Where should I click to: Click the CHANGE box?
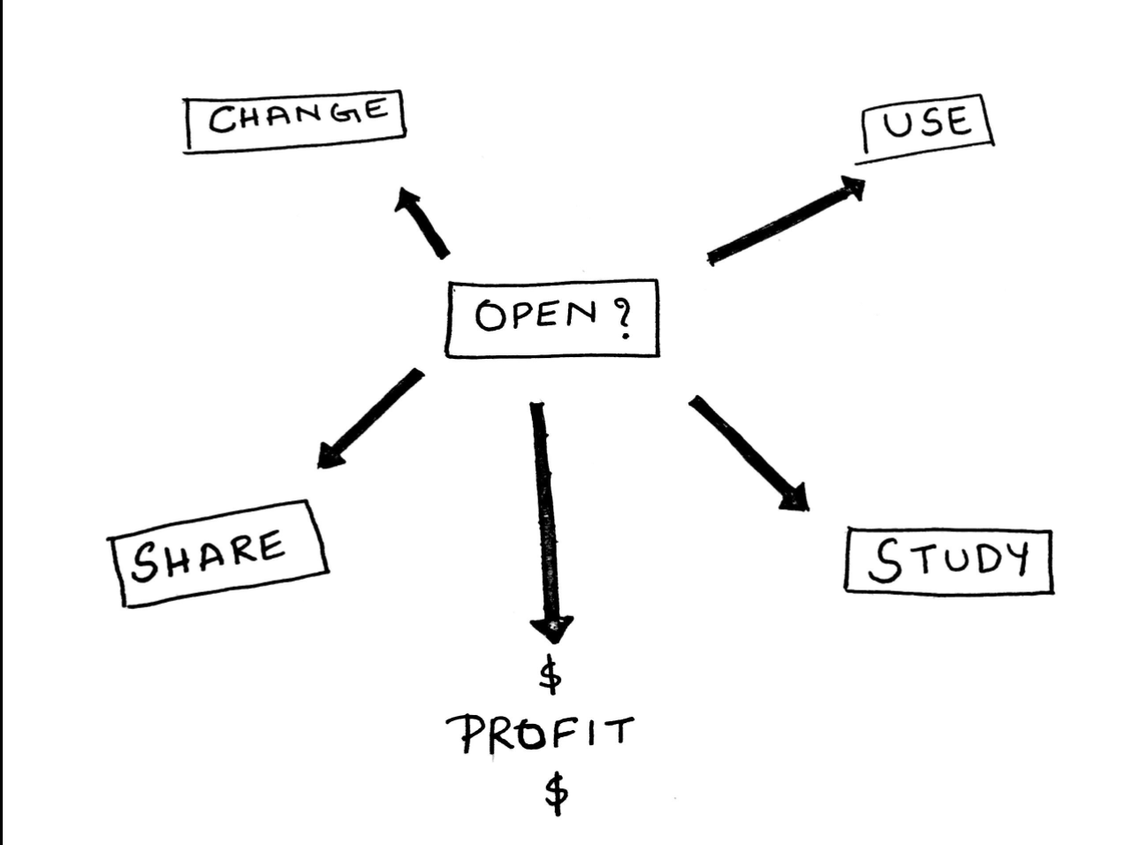pos(295,119)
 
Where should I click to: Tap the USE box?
pos(926,125)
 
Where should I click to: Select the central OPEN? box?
pos(552,318)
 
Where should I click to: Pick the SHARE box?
pos(217,553)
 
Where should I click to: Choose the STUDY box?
pos(948,561)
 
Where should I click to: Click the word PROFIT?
pos(539,734)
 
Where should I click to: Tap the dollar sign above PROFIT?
pos(550,677)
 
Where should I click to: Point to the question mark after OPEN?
pos(623,319)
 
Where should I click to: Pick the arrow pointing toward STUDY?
pos(747,452)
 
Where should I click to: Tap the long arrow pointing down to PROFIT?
pos(543,513)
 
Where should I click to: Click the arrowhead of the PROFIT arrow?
pos(551,628)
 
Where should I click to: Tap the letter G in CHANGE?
pos(341,113)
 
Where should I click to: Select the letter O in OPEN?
pos(490,316)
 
